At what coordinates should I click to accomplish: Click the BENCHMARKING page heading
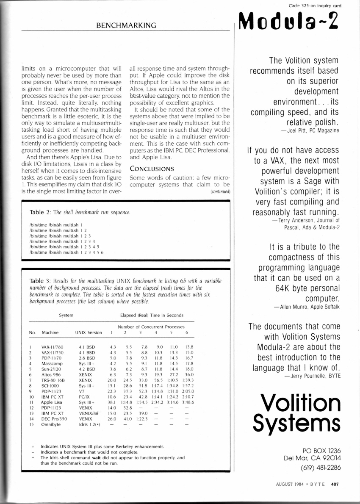[x=126, y=26]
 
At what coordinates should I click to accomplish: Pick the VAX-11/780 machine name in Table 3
[x=53, y=347]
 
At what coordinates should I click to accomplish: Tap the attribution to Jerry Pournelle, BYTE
[x=312, y=376]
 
